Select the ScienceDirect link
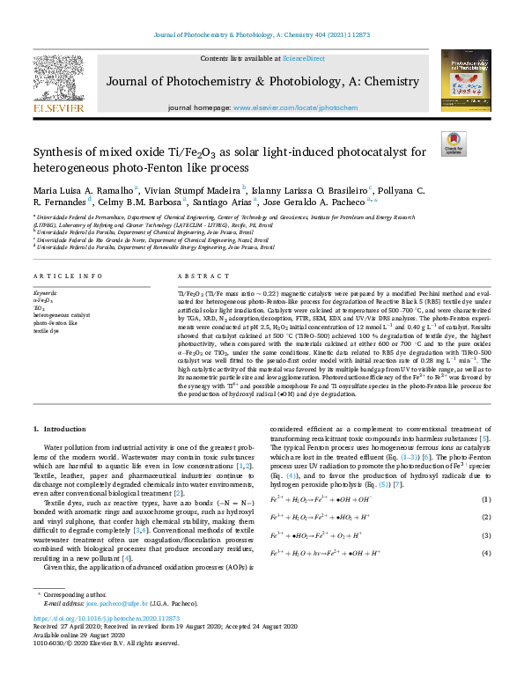[303, 58]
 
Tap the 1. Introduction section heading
[60, 429]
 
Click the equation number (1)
[485, 500]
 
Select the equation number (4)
[485, 552]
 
